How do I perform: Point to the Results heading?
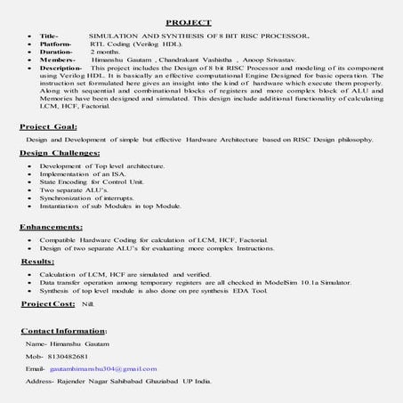[37, 263]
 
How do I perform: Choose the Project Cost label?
[48, 303]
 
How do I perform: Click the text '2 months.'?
[106, 52]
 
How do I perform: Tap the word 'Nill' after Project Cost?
[87, 303]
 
